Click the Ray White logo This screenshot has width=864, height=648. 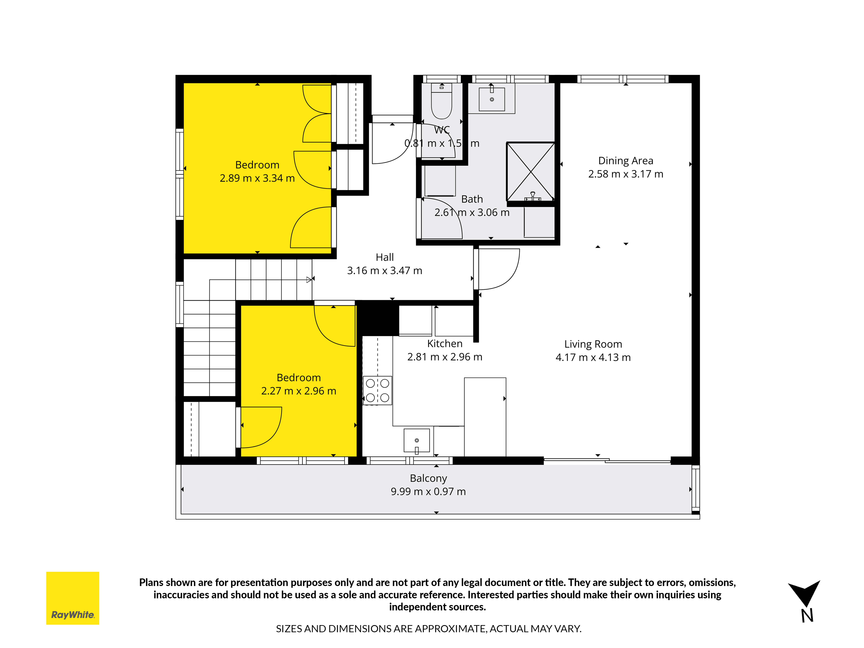pos(73,598)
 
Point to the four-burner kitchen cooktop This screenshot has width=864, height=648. pos(377,390)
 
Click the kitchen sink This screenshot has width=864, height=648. pos(417,441)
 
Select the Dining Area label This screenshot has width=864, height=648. pos(626,160)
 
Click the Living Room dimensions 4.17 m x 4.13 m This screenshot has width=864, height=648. pos(593,357)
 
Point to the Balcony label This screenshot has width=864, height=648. pos(428,478)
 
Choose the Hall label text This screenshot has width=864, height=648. pos(385,257)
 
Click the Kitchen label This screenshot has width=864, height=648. pos(445,344)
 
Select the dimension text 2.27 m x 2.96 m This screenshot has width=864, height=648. pos(299,391)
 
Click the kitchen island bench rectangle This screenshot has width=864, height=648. pos(485,417)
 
